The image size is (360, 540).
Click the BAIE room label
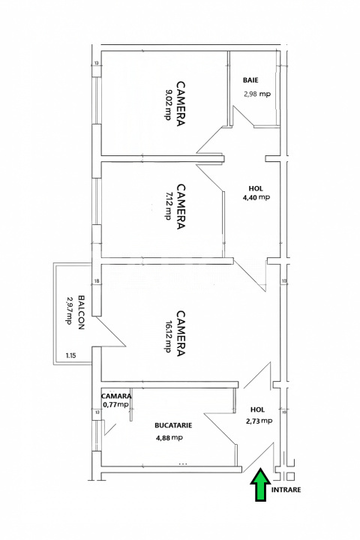[x=251, y=79]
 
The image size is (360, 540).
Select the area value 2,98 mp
[x=257, y=94]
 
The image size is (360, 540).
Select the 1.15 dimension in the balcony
[x=71, y=355]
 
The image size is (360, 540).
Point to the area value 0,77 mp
[x=116, y=405]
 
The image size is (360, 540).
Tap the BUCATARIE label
[x=174, y=424]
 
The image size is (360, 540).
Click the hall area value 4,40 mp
[x=256, y=197]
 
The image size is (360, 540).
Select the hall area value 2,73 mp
[x=259, y=421]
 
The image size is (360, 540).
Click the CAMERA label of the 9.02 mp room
[x=181, y=104]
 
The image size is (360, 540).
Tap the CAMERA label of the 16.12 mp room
[x=181, y=335]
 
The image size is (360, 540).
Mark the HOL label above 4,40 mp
[x=256, y=187]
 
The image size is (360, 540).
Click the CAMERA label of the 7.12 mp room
[x=181, y=207]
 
